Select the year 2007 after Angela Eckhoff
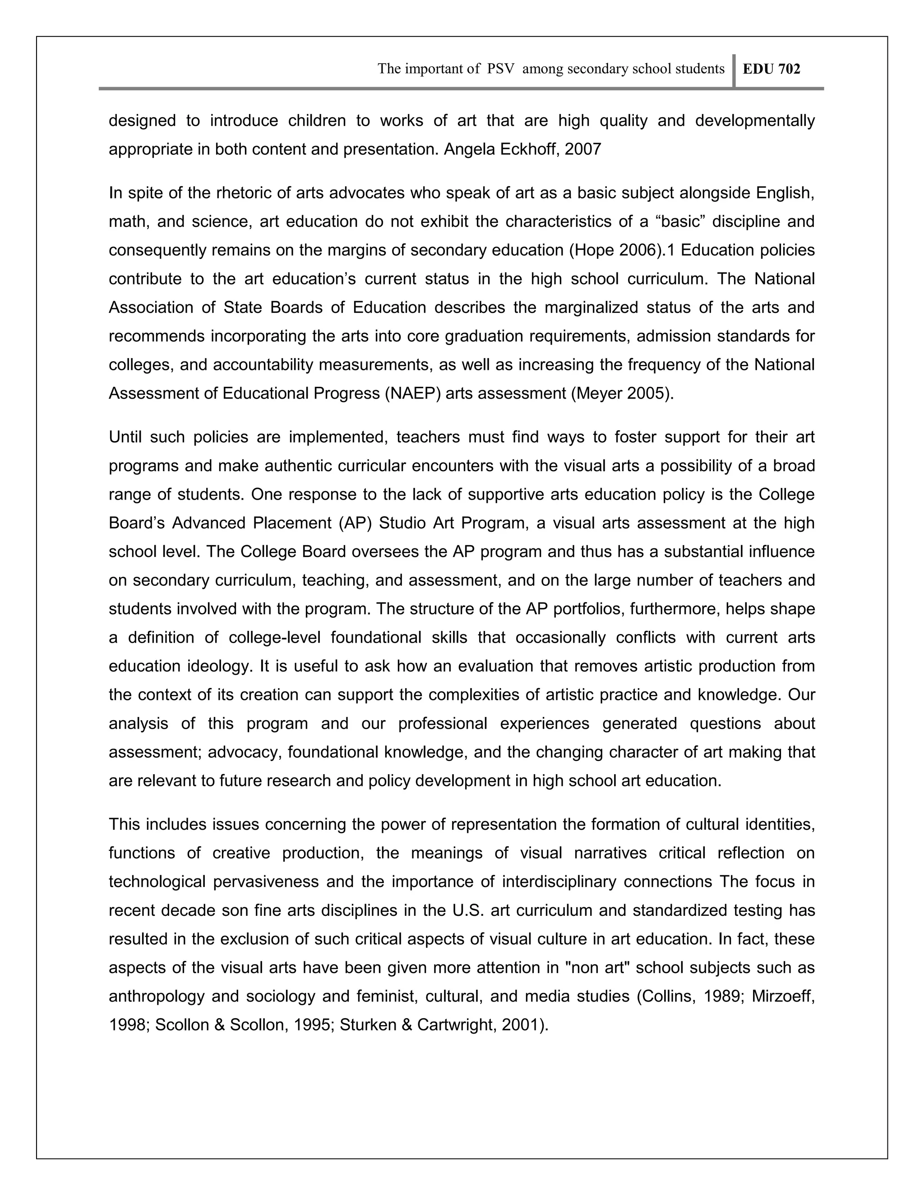point(583,149)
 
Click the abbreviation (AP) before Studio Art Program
point(355,523)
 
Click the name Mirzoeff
point(783,997)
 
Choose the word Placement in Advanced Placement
point(292,523)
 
